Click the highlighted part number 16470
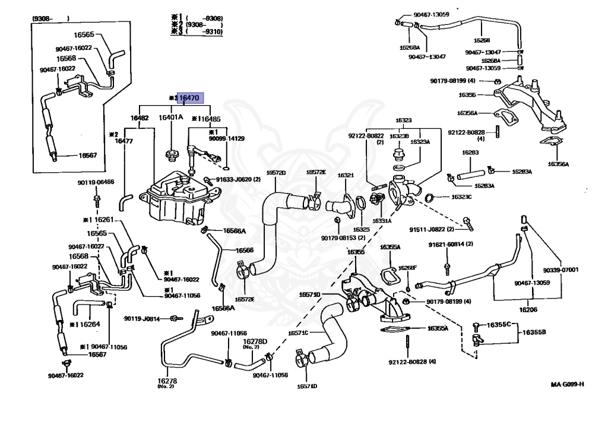191,98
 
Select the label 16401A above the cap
171,118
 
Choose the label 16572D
275,173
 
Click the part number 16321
346,175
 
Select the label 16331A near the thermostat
382,221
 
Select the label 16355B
534,332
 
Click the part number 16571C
299,332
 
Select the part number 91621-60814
451,244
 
